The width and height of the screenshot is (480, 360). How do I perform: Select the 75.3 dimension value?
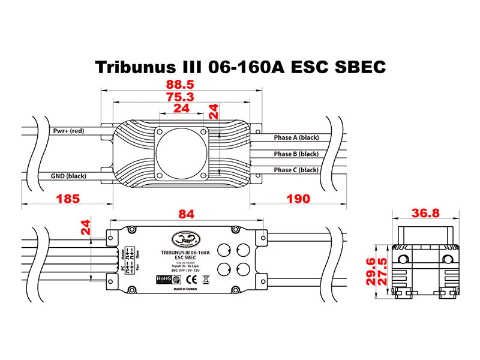[182, 97]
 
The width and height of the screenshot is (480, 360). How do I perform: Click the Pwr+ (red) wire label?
[68, 131]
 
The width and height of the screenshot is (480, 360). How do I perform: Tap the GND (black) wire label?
[69, 176]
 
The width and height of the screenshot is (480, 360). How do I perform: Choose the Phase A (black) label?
[296, 138]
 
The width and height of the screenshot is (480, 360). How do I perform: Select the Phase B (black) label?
[296, 154]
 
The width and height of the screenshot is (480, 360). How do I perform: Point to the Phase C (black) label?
[296, 170]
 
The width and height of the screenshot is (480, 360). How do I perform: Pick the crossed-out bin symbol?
[205, 278]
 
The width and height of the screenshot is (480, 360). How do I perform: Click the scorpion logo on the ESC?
[184, 239]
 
